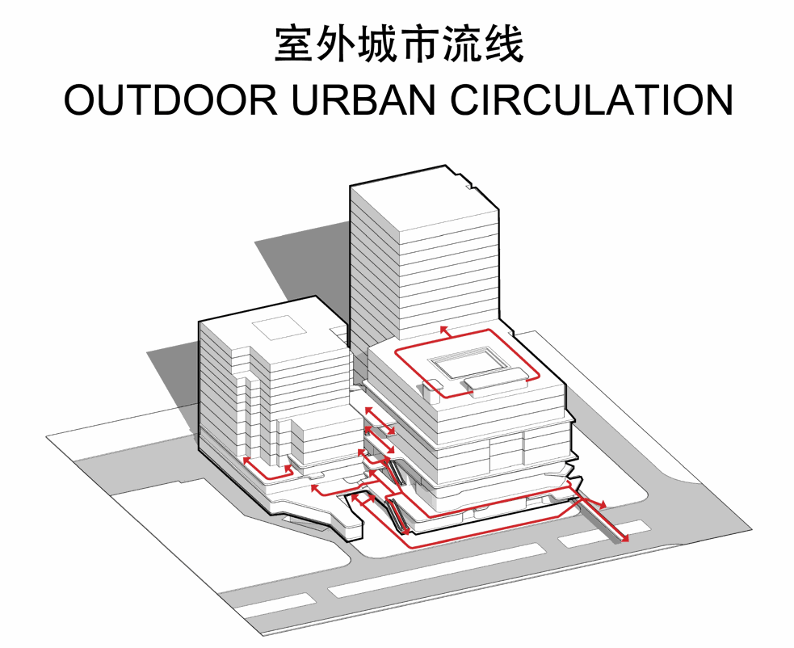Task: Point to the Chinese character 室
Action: (x=294, y=44)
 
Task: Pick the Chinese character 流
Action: (x=462, y=44)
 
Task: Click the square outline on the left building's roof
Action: (x=279, y=330)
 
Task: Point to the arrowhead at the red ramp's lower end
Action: (x=625, y=537)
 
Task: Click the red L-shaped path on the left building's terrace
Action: (x=263, y=471)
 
